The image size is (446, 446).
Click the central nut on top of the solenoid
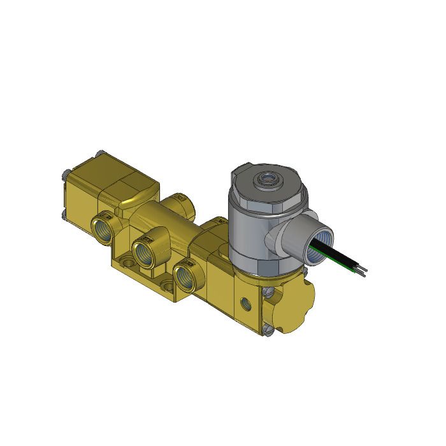pyautogui.click(x=266, y=180)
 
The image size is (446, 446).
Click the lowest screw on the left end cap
pyautogui.click(x=64, y=215)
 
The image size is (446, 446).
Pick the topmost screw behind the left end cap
pyautogui.click(x=99, y=153)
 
